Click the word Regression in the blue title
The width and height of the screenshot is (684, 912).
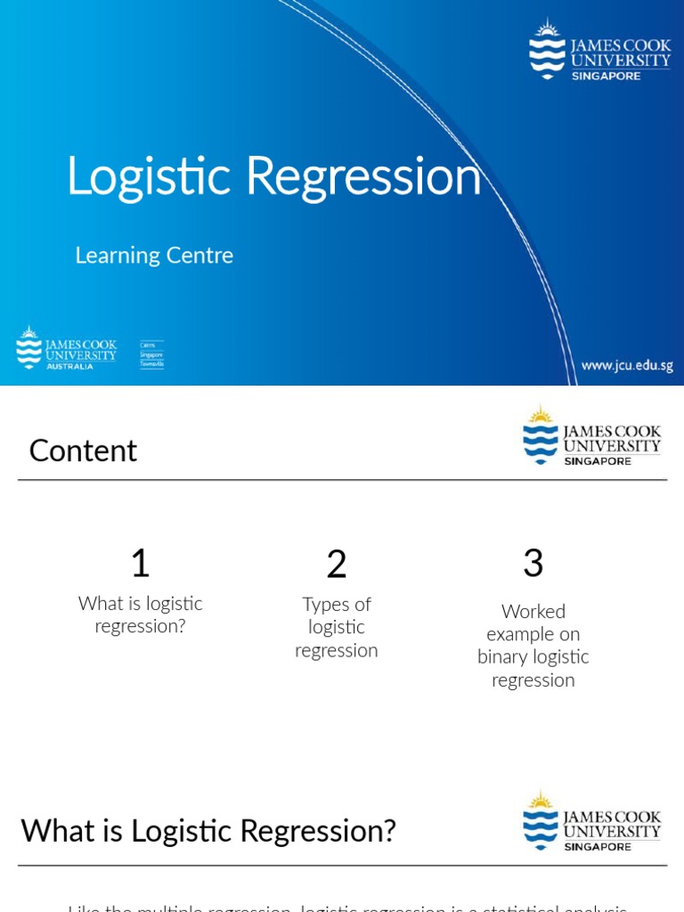click(363, 176)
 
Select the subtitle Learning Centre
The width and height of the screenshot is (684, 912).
click(154, 256)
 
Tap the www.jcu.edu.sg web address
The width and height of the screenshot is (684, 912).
click(627, 365)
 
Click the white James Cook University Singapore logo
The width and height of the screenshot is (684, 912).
click(599, 51)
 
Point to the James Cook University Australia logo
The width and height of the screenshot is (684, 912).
click(67, 348)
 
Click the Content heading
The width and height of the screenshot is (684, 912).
click(83, 451)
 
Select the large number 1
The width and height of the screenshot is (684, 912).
click(140, 563)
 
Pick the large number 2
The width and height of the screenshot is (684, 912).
click(336, 564)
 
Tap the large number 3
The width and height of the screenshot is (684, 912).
click(533, 563)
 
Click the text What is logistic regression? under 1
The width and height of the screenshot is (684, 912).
click(141, 615)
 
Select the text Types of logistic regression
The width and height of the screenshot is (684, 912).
click(337, 627)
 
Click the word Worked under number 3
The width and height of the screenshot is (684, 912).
click(533, 611)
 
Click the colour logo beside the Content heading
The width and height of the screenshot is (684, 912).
click(591, 436)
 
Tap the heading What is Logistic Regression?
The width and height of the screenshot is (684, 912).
click(208, 831)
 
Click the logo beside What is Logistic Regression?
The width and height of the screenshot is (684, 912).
click(591, 820)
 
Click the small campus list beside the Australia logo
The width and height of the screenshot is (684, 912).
click(151, 354)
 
